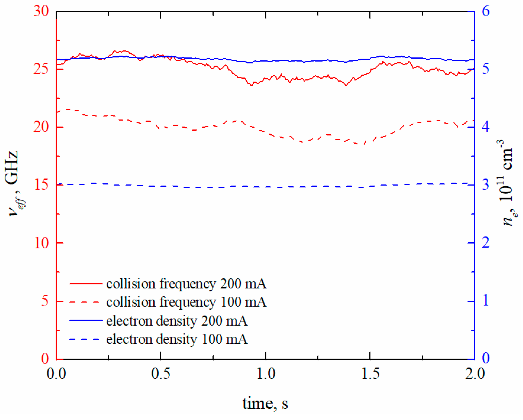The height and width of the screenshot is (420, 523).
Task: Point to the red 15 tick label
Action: pos(41,185)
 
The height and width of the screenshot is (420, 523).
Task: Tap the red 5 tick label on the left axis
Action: pos(45,301)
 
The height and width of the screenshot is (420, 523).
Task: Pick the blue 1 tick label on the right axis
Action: pos(486,300)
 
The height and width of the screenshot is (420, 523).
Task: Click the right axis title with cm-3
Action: pos(507,183)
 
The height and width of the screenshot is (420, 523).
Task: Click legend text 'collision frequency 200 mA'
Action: pos(186,284)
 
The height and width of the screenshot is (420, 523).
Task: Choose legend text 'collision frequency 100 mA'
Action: pos(186,302)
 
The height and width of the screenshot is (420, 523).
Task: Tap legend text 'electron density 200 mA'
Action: pos(177,321)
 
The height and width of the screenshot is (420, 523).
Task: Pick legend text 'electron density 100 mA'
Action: pos(177,339)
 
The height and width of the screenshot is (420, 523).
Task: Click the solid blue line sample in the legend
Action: pos(86,321)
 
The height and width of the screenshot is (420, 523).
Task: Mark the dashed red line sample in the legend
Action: pos(86,302)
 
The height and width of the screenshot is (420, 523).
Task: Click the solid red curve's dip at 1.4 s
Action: pos(346,85)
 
